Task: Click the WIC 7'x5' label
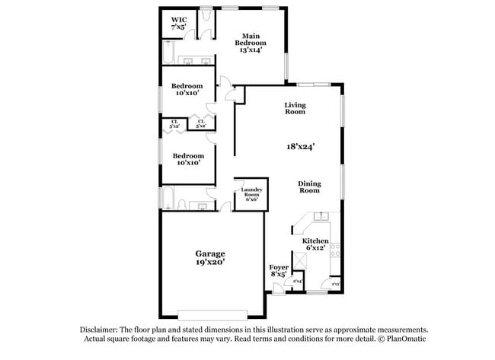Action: (x=179, y=23)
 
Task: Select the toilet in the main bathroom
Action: (x=206, y=18)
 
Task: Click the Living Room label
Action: (x=295, y=108)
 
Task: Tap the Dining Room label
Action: (x=308, y=186)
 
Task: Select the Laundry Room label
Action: (x=251, y=193)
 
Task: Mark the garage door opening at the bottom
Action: (x=212, y=314)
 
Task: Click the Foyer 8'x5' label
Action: (x=279, y=272)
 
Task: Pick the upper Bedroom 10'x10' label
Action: (x=186, y=89)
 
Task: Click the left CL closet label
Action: (x=174, y=123)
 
